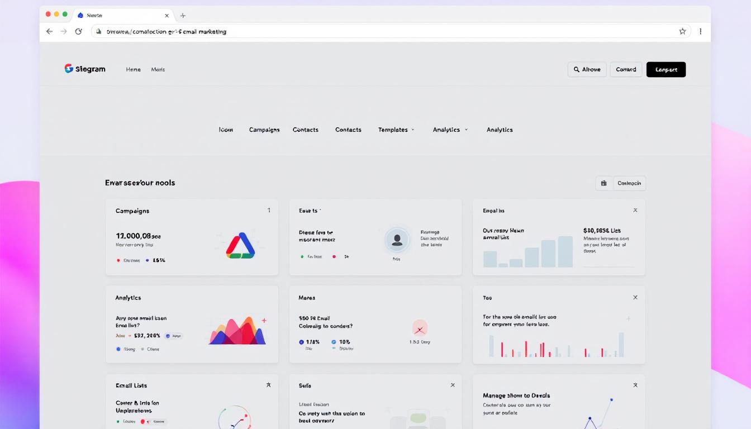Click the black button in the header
point(666,69)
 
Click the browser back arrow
point(49,31)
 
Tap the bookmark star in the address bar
point(682,31)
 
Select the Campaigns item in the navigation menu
point(264,130)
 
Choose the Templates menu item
point(393,130)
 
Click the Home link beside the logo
point(133,69)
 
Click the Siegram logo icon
point(69,69)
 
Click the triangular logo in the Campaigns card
point(240,246)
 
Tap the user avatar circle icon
point(397,240)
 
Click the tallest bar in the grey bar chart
point(565,251)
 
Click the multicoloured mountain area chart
point(237,331)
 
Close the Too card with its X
point(635,298)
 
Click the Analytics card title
point(128,298)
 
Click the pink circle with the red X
point(420,327)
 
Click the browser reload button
point(79,31)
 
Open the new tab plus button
point(183,16)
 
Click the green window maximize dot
point(65,14)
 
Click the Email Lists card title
point(131,385)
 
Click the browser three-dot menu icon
point(700,31)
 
